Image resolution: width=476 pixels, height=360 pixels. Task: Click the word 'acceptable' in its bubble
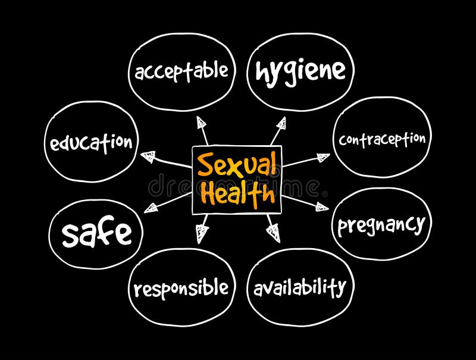pos(181,71)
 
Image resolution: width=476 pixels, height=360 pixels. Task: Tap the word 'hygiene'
pos(300,71)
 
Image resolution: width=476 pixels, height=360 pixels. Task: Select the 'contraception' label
pos(382,139)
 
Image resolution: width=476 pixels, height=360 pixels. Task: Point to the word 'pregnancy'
pos(381,226)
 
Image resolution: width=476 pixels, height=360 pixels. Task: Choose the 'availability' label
pos(300,288)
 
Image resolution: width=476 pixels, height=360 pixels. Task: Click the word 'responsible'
pos(181,289)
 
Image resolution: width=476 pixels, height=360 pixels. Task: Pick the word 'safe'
pos(97,233)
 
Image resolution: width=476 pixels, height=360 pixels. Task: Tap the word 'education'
pos(91,143)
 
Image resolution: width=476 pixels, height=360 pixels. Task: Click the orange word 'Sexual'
pos(237,165)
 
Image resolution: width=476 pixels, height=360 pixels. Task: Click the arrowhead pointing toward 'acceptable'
pos(202,124)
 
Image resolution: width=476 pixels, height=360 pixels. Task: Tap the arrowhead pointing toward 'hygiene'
pos(280,124)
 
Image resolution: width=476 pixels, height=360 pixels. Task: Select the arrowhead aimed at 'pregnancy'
pos(321,206)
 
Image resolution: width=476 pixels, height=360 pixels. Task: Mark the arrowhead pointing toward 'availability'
pos(274,232)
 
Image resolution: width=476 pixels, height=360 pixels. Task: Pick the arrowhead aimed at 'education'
pos(148,157)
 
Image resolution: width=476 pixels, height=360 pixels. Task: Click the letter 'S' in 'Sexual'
pos(205,165)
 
